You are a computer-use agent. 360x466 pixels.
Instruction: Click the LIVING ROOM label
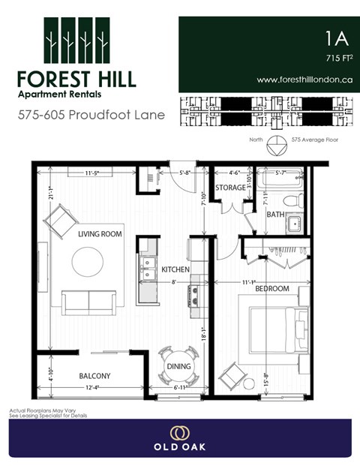click(100, 234)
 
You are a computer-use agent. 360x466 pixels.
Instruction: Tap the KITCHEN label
click(175, 269)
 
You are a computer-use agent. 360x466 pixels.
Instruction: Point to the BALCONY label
click(94, 376)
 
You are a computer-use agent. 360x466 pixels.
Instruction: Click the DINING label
click(178, 367)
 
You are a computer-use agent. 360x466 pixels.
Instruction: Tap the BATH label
click(275, 215)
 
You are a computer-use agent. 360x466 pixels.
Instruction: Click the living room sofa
click(88, 302)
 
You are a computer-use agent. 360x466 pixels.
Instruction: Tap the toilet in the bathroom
click(292, 200)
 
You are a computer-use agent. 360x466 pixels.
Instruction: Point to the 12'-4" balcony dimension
click(94, 387)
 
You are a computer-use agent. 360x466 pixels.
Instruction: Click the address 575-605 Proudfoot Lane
click(82, 116)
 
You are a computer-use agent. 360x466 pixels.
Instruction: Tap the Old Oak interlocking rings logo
click(179, 432)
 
